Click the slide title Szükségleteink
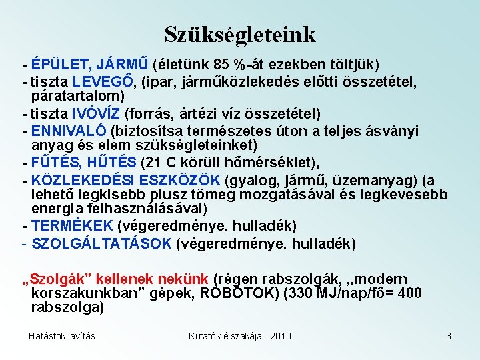click(x=240, y=34)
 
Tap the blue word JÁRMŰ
click(x=123, y=65)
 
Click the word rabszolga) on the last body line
click(x=67, y=308)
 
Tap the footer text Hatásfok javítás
click(x=61, y=336)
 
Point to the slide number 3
click(x=449, y=336)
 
